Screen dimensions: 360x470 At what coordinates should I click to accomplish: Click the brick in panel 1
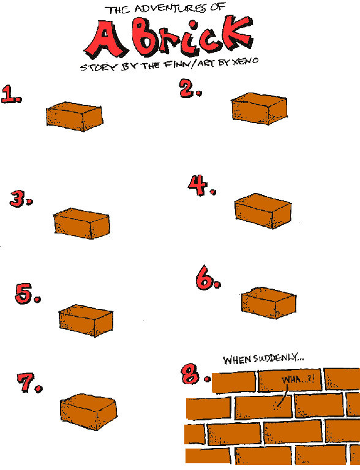[x=75, y=116]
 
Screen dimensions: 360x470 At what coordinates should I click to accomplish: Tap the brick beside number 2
[x=260, y=108]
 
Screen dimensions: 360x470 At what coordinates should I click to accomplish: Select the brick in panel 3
[x=81, y=223]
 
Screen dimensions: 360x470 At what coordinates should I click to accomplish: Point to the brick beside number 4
[x=263, y=211]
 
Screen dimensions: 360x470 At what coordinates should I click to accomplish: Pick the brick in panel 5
[x=86, y=320]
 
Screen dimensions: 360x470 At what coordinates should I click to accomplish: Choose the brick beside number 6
[x=269, y=303]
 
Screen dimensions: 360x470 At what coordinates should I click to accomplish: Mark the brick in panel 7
[x=89, y=412]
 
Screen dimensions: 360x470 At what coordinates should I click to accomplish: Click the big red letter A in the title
[x=105, y=39]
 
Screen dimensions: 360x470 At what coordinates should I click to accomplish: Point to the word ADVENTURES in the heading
[x=170, y=9]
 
